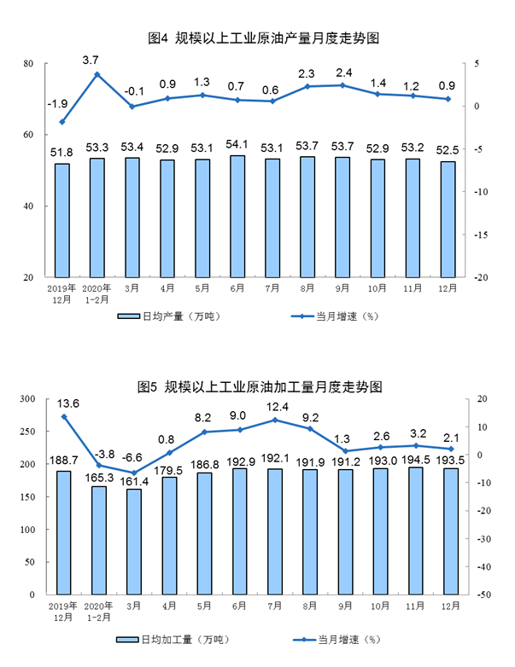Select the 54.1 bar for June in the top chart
tap(237, 217)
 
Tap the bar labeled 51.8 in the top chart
tap(62, 220)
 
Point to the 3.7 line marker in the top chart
tap(97, 74)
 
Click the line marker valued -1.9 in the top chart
tap(62, 122)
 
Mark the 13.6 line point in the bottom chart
tap(63, 416)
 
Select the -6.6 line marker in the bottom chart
tap(132, 473)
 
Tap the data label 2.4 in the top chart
tap(342, 71)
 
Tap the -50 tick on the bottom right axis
tap(482, 594)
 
